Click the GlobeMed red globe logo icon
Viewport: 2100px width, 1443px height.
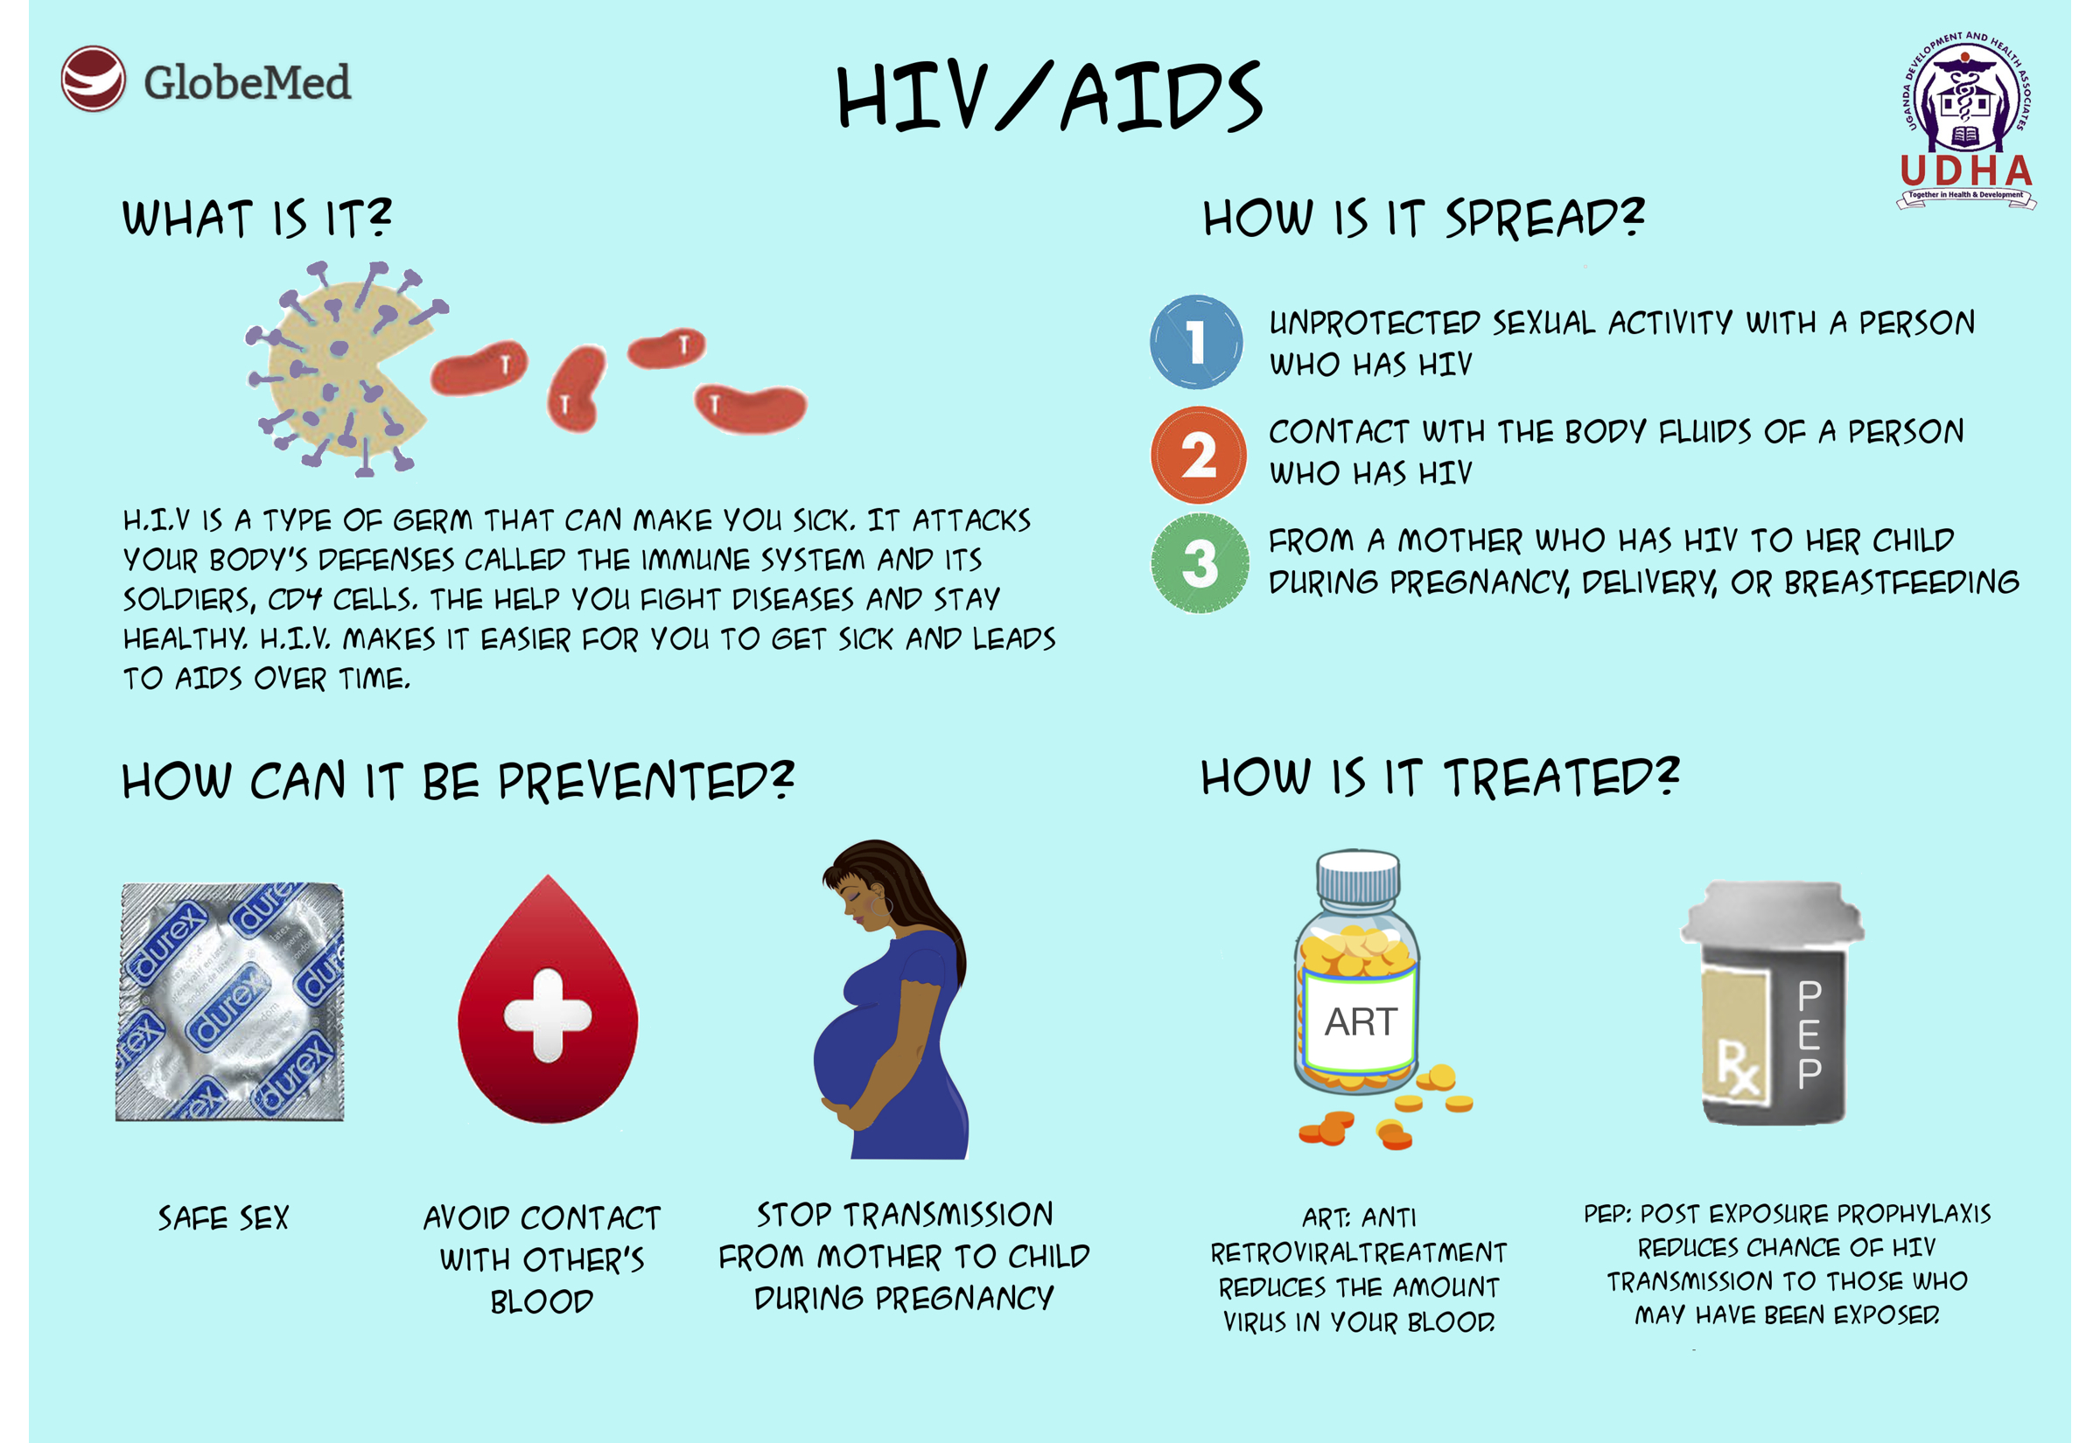pyautogui.click(x=93, y=79)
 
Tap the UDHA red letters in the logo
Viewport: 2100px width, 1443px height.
pyautogui.click(x=1966, y=171)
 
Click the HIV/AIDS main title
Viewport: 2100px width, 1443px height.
pyautogui.click(x=1049, y=97)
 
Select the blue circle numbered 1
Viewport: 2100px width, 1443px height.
pyautogui.click(x=1195, y=342)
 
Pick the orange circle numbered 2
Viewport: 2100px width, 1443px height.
pyautogui.click(x=1199, y=455)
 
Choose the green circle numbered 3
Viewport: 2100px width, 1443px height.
pyautogui.click(x=1200, y=563)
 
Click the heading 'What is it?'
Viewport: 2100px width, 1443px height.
pyautogui.click(x=257, y=218)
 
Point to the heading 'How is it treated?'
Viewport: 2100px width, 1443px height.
pyautogui.click(x=1439, y=777)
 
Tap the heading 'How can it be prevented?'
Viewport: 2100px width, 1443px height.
pyautogui.click(x=458, y=781)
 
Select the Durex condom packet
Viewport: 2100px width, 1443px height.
pyautogui.click(x=230, y=1001)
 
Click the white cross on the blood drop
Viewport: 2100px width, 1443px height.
pyautogui.click(x=547, y=1014)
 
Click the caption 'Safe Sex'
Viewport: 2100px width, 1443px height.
pyautogui.click(x=223, y=1218)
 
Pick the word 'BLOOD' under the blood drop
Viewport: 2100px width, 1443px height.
pyautogui.click(x=542, y=1302)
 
